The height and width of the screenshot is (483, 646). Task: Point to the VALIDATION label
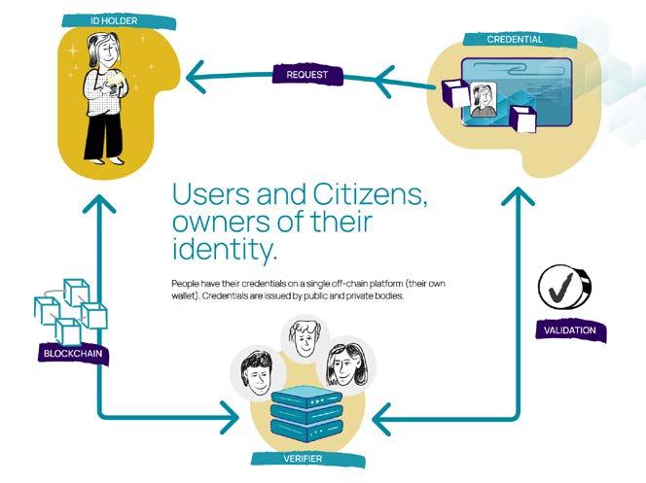pos(571,331)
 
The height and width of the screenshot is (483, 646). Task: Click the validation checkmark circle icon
pos(565,286)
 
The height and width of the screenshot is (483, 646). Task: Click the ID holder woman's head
pos(104,51)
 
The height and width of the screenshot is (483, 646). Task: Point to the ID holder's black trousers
pos(101,135)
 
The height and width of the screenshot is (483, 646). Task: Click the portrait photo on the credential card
pos(480,100)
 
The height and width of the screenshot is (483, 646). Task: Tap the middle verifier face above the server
pos(304,342)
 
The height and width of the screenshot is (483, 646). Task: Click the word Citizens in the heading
pos(365,193)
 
